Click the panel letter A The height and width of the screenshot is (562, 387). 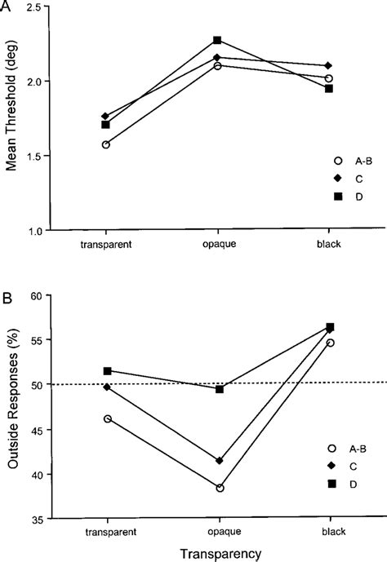[7, 6]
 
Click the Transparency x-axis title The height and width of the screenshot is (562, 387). [218, 552]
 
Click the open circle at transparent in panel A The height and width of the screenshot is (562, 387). [107, 144]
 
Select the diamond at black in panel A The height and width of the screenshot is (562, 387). [328, 65]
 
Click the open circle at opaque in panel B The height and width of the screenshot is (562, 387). [219, 488]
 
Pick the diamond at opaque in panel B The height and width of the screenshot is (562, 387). [219, 461]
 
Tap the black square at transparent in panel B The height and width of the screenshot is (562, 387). [107, 370]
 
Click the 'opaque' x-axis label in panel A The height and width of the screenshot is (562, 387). [218, 243]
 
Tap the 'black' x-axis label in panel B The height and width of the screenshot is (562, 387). [329, 530]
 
